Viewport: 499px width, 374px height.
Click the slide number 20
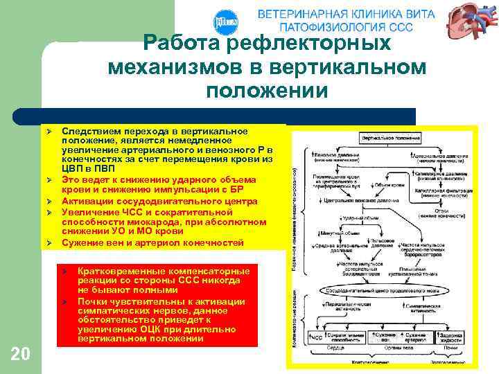21,355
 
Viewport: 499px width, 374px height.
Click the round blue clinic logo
227,22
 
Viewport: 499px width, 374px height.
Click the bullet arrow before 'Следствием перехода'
50,131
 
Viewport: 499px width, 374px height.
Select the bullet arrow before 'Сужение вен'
50,244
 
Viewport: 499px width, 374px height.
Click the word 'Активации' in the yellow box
87,202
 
